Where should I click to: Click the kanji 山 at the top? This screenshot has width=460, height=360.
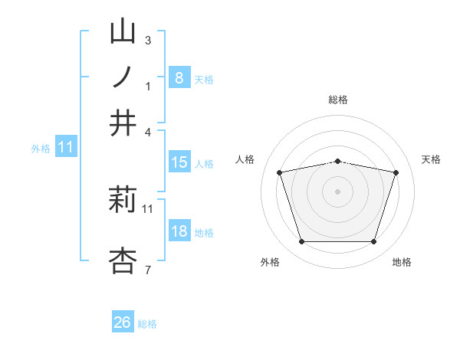(x=123, y=32)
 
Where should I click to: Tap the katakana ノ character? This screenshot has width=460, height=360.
(x=123, y=77)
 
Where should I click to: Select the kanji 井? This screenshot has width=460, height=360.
(x=123, y=123)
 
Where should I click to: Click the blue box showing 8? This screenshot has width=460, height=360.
(x=179, y=77)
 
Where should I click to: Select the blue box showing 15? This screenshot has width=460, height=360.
(x=179, y=162)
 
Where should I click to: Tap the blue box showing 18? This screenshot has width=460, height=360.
(x=179, y=232)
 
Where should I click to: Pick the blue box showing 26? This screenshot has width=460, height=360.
(x=123, y=322)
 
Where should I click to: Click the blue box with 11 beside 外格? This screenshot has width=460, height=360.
(x=65, y=148)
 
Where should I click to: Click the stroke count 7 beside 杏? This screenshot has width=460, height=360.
(x=148, y=270)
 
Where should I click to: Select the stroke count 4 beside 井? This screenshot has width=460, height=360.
(x=148, y=132)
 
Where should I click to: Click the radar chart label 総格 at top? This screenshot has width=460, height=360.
(x=338, y=100)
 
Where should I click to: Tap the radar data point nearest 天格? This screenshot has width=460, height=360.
(x=396, y=173)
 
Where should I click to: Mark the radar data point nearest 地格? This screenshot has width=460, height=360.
(x=373, y=242)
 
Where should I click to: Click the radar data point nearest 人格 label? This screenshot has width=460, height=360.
(x=280, y=173)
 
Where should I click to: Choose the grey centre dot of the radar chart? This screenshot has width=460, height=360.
(x=338, y=191)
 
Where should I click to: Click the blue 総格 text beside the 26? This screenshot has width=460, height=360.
(x=147, y=324)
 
